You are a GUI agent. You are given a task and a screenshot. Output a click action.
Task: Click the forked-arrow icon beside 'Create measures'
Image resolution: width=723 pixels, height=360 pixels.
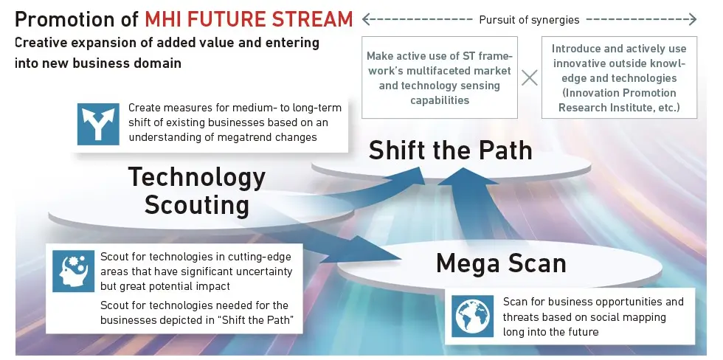tap(98, 124)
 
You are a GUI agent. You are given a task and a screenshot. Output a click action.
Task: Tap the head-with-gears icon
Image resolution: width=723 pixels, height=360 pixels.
tap(73, 271)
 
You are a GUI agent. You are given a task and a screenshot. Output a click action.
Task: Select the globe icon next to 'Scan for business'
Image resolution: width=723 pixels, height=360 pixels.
tap(473, 316)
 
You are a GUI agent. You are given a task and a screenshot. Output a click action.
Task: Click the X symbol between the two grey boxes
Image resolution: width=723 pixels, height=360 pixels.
tap(530, 77)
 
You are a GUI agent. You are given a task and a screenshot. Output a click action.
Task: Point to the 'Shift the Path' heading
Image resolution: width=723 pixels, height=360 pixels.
tap(451, 150)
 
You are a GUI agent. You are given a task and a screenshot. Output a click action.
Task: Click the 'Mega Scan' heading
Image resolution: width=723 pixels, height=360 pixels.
tap(501, 263)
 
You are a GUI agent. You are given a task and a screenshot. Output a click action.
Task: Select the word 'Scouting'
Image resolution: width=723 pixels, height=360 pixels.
tap(197, 205)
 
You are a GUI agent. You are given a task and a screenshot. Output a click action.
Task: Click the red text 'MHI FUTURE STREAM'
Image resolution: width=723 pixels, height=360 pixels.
tap(249, 19)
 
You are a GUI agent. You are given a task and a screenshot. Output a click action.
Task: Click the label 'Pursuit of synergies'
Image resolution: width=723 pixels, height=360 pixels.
tap(530, 20)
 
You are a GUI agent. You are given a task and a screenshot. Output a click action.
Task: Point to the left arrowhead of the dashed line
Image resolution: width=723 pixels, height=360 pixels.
tap(366, 19)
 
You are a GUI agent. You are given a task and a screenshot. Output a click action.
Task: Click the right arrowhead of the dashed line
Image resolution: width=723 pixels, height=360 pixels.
tap(692, 19)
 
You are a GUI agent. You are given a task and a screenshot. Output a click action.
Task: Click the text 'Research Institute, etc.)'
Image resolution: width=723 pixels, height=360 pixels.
tap(619, 108)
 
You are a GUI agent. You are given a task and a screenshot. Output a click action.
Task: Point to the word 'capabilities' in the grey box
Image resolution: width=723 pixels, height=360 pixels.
tap(440, 100)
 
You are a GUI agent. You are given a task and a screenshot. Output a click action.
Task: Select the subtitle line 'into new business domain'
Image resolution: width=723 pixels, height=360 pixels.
tap(97, 63)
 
